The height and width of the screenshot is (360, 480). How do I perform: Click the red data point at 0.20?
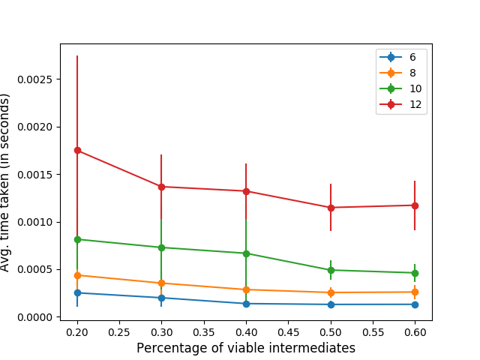coord(77,150)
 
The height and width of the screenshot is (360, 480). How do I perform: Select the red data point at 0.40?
coord(246,191)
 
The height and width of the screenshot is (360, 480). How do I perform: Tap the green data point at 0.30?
coord(161,247)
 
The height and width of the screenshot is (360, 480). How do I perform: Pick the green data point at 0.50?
coord(331,270)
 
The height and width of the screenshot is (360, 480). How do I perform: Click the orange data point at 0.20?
coord(77,275)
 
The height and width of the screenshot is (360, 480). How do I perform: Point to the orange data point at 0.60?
coord(415,292)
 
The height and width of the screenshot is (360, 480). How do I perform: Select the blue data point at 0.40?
coord(246,304)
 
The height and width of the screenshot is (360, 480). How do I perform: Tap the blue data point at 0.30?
coord(161,298)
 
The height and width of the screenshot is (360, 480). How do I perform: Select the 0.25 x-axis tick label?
coord(119,331)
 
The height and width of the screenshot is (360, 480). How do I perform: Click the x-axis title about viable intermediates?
coord(246,348)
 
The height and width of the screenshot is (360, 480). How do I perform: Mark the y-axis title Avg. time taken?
coord(7,182)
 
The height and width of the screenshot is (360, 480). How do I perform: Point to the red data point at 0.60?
coord(415,205)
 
